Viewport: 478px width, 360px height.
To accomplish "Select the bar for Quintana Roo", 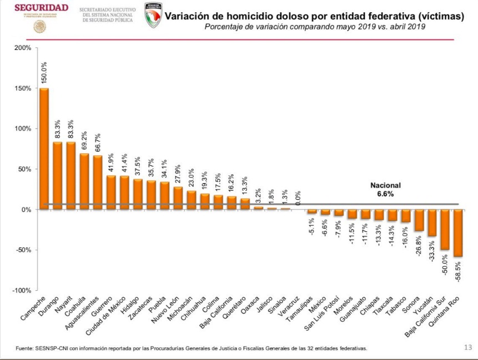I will coord(458,233).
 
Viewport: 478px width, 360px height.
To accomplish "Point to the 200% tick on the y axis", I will coord(23,48).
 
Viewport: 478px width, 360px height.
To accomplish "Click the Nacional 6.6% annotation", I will coord(385,190).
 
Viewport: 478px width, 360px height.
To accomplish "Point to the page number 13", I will coord(467,348).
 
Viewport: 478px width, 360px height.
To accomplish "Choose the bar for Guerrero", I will coord(111,192).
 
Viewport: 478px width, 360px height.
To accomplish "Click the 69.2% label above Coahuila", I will coord(84,142).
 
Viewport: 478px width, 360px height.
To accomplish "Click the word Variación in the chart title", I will coord(185,17).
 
